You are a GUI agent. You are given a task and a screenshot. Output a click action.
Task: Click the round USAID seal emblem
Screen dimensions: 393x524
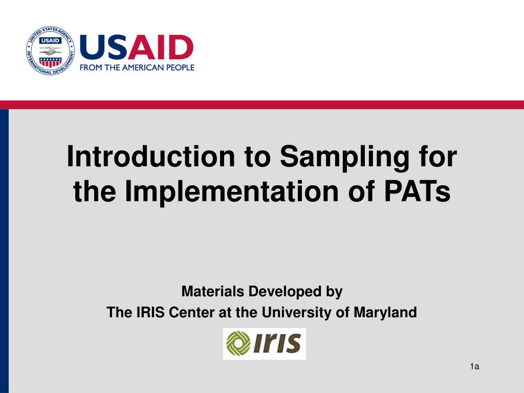50,51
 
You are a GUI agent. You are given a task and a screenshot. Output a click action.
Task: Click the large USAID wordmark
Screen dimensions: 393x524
137,48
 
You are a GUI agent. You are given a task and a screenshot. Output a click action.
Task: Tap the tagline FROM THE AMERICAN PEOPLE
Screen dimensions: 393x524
137,68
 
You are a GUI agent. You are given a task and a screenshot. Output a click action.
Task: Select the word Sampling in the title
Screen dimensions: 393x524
344,158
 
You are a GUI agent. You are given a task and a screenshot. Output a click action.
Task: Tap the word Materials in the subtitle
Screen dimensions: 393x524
213,292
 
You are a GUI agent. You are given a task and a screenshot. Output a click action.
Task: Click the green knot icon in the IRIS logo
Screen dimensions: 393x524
238,344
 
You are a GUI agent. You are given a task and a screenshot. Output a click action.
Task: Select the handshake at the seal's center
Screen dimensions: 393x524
50,51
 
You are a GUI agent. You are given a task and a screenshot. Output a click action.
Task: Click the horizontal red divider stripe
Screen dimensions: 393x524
262,105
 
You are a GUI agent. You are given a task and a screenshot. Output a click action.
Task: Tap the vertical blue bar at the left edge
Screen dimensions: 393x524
4,251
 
